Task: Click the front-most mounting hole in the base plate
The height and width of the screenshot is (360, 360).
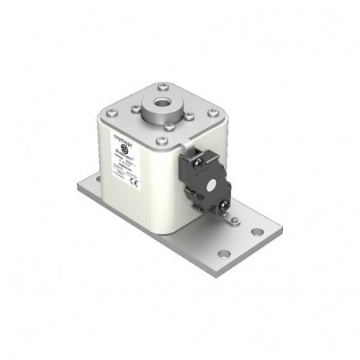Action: pos(224,254)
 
